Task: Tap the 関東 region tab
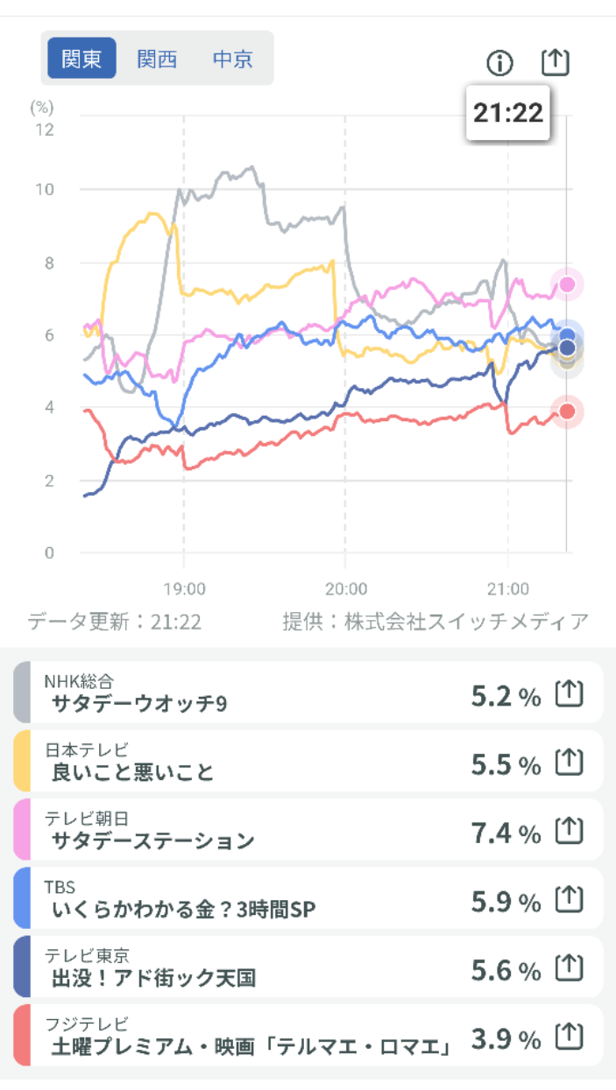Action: point(81,59)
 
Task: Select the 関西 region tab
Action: point(157,59)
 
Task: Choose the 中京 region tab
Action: point(232,59)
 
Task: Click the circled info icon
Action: point(499,62)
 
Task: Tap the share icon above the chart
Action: point(556,61)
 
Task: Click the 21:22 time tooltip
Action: point(508,113)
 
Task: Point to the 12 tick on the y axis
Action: point(43,130)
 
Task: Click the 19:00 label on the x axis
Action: point(184,588)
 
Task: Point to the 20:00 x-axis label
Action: point(346,588)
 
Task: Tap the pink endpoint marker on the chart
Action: point(567,284)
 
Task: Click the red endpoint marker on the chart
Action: point(567,411)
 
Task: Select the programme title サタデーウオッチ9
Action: point(139,704)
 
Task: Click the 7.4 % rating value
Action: point(506,833)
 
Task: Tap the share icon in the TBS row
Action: point(570,897)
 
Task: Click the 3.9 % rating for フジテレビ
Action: point(506,1039)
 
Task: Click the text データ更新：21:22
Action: point(115,622)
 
